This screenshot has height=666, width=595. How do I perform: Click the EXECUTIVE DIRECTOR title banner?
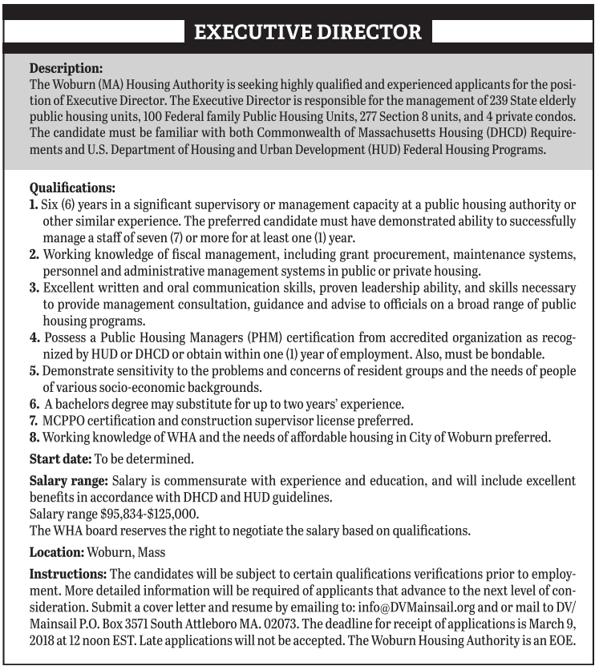[x=309, y=32]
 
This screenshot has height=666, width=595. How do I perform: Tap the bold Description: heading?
[x=66, y=68]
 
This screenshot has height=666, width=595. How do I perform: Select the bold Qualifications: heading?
[x=73, y=188]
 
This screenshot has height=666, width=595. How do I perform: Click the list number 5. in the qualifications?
[x=34, y=372]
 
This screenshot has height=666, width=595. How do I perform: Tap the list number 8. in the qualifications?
[x=34, y=438]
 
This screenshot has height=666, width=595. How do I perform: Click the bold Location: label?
[x=57, y=552]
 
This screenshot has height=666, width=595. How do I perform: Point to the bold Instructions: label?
[x=67, y=575]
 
